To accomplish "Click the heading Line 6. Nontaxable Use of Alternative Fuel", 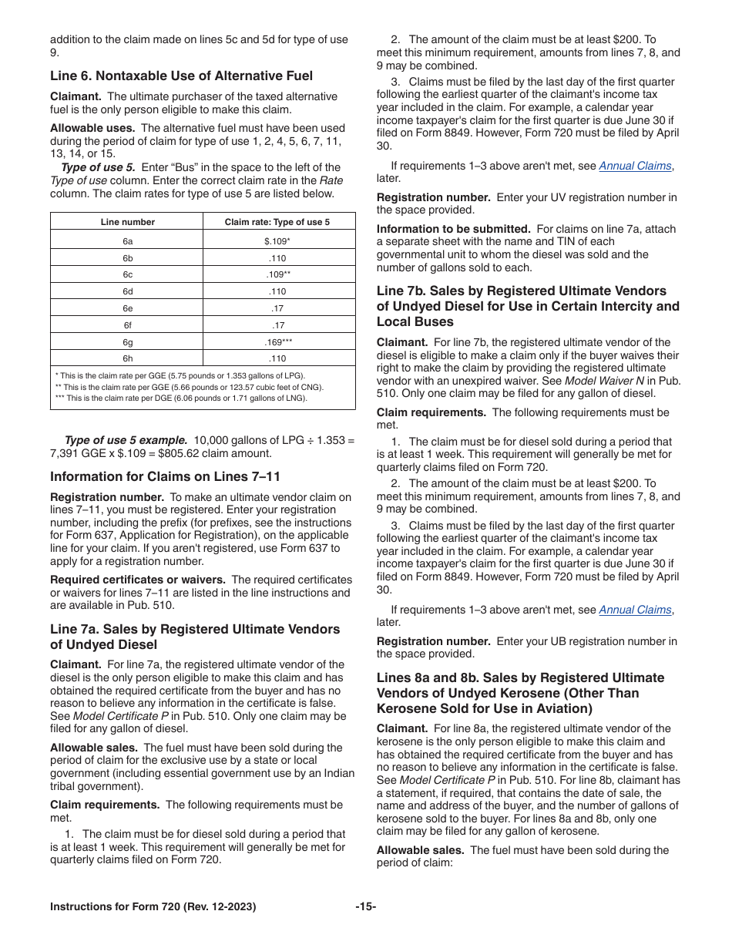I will (x=181, y=76).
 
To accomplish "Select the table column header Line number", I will (x=127, y=222).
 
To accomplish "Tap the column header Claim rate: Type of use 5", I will (x=277, y=222).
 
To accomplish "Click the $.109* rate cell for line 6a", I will (x=277, y=241).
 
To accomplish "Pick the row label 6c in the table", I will (x=127, y=274).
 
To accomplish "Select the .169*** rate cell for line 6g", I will (x=277, y=341).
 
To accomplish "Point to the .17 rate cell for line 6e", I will (x=277, y=308).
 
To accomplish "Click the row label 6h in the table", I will (x=127, y=358).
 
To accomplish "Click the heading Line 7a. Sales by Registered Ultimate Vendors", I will (x=195, y=630).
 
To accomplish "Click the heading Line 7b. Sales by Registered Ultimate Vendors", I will (x=522, y=291).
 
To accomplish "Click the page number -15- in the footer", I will (x=365, y=907).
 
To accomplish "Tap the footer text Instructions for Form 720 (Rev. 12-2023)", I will (x=153, y=907).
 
